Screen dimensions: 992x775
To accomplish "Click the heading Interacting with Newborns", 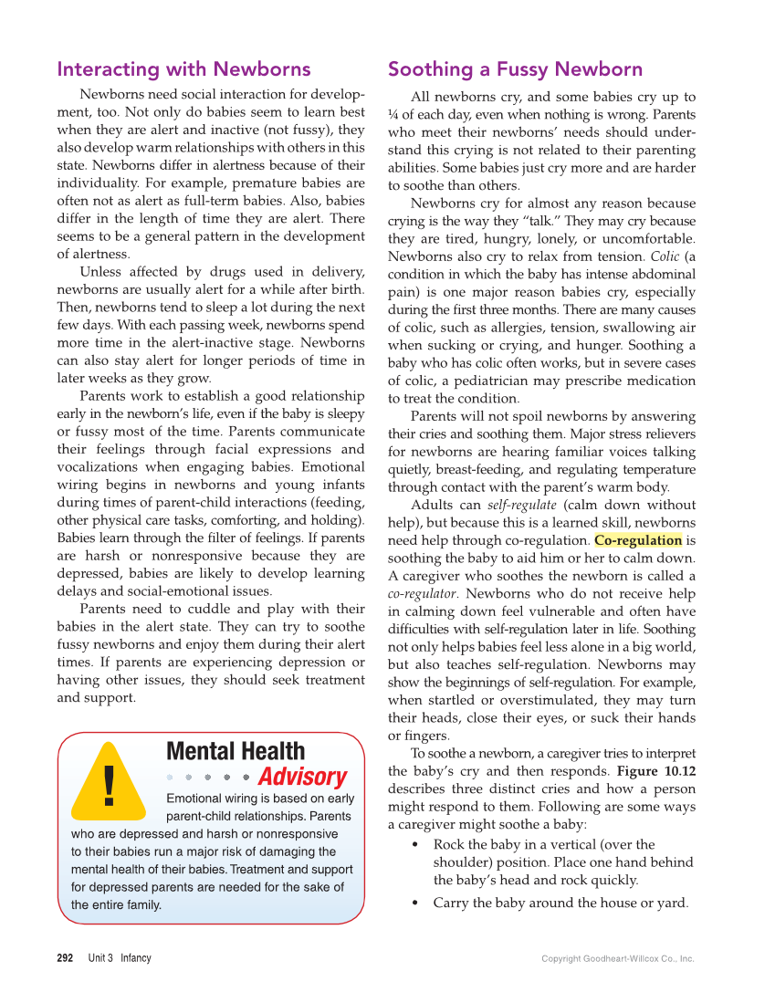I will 183,69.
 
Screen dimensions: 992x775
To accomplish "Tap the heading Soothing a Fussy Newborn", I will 515,69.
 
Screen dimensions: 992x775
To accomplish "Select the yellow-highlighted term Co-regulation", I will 638,540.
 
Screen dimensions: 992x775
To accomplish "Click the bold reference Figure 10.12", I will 656,771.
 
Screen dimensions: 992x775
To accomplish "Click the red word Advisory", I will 302,778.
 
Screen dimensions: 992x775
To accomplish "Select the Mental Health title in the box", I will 236,751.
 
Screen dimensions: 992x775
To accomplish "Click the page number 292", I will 65,958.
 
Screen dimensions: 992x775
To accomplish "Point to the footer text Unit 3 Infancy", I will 120,958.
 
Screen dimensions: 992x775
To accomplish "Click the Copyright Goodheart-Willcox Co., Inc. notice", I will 618,959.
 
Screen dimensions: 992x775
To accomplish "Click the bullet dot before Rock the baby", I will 416,845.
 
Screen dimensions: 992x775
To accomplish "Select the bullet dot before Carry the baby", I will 416,903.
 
